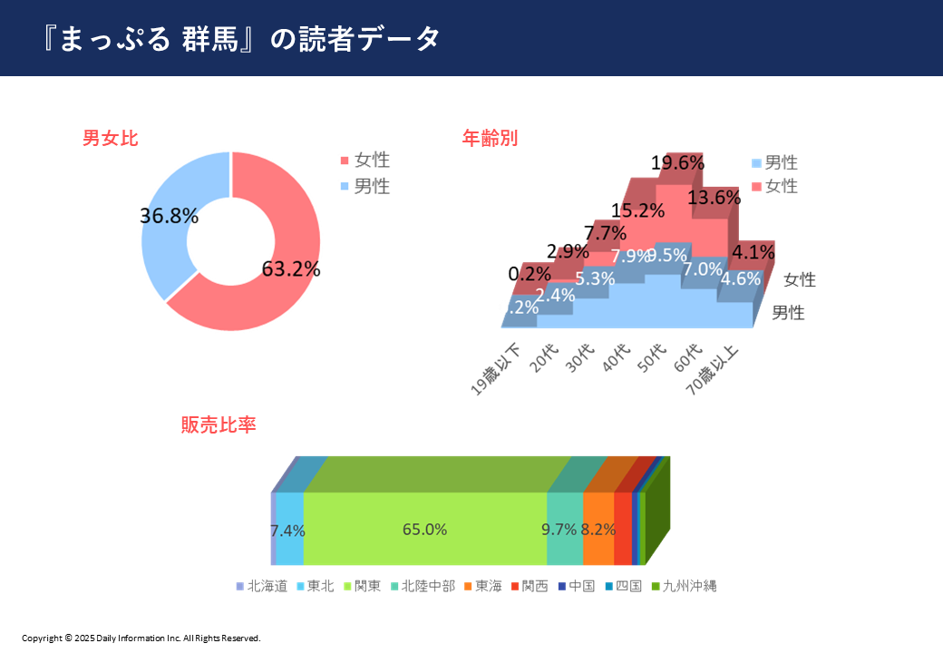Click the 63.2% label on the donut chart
click(290, 269)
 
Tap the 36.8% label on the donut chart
click(169, 216)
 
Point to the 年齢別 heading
click(490, 139)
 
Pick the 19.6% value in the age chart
click(678, 163)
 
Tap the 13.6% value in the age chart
click(715, 198)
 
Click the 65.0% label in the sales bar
click(424, 530)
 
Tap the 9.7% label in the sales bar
click(559, 530)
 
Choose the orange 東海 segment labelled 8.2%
click(598, 530)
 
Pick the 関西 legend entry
click(529, 586)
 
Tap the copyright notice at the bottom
click(141, 638)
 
